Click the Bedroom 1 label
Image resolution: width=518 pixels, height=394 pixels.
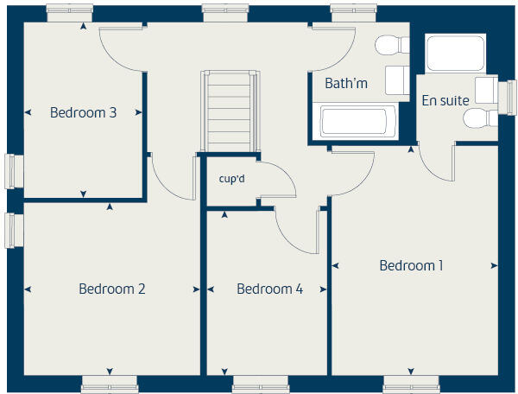411,265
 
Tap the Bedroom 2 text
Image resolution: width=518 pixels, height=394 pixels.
111,289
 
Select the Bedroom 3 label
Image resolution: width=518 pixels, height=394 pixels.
83,111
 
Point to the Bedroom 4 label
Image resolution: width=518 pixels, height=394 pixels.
269,289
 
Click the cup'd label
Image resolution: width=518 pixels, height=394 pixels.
232,179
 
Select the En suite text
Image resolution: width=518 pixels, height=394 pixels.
445,100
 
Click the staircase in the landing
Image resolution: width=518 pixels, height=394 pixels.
230,111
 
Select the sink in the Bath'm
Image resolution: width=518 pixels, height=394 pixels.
396,79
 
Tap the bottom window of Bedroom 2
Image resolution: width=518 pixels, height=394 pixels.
110,384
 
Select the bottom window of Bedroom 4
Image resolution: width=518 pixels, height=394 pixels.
260,384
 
